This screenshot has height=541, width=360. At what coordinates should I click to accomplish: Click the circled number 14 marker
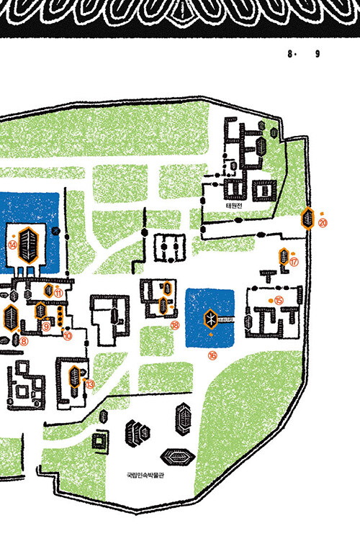pyautogui.click(x=12, y=245)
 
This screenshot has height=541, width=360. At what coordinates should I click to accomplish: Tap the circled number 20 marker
pyautogui.click(x=323, y=223)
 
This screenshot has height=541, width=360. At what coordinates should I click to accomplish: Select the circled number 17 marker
pyautogui.click(x=294, y=262)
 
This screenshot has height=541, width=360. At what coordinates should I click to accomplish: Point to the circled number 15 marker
pyautogui.click(x=279, y=301)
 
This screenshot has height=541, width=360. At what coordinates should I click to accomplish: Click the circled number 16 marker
pyautogui.click(x=212, y=355)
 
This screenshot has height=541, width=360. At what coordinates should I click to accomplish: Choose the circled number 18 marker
pyautogui.click(x=175, y=324)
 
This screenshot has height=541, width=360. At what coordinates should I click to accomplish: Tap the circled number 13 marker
pyautogui.click(x=90, y=384)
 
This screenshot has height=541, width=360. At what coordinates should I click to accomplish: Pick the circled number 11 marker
pyautogui.click(x=58, y=294)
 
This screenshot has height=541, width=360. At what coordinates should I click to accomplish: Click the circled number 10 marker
pyautogui.click(x=68, y=335)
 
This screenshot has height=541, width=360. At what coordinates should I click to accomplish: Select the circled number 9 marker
pyautogui.click(x=46, y=326)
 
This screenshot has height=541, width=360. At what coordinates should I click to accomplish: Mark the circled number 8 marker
pyautogui.click(x=24, y=341)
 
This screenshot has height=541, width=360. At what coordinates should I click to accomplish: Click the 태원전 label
pyautogui.click(x=234, y=206)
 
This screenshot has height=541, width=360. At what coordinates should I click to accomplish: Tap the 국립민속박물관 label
pyautogui.click(x=145, y=475)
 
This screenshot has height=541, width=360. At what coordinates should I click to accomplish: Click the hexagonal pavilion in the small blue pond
pyautogui.click(x=210, y=319)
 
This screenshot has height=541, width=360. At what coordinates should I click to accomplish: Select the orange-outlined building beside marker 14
pyautogui.click(x=28, y=245)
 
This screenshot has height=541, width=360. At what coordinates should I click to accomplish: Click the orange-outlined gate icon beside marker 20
pyautogui.click(x=307, y=219)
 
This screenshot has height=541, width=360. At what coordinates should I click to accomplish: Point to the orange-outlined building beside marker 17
pyautogui.click(x=284, y=256)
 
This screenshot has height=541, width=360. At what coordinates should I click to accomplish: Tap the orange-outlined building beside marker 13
pyautogui.click(x=75, y=377)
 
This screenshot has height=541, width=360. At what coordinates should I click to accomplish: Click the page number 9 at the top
pyautogui.click(x=318, y=54)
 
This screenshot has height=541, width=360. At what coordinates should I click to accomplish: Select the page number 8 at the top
pyautogui.click(x=290, y=54)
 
